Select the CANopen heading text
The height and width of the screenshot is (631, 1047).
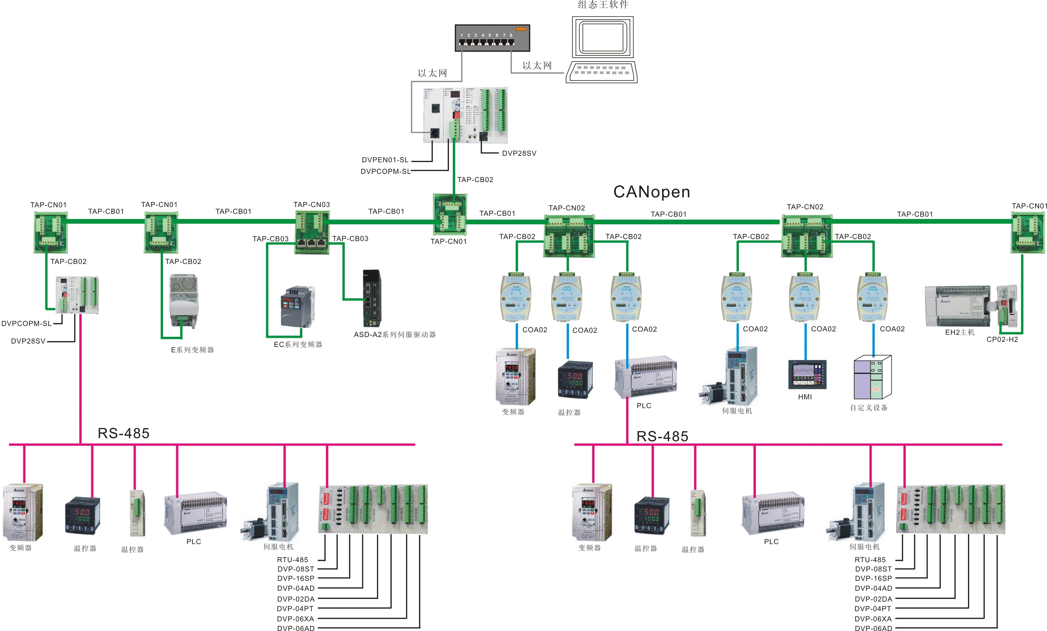[651, 192]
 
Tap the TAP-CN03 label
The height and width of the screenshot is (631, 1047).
[312, 205]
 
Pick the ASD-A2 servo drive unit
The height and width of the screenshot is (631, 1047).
[372, 298]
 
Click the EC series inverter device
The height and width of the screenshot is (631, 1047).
[297, 307]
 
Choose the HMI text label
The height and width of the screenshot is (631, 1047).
[805, 397]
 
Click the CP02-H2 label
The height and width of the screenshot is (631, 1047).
[1002, 340]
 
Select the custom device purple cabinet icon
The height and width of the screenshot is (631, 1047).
[872, 377]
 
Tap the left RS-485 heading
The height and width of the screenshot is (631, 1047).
[124, 433]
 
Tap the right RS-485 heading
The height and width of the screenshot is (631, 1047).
[662, 436]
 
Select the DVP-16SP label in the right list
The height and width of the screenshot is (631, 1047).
[873, 578]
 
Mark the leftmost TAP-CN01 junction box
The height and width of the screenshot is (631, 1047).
[50, 233]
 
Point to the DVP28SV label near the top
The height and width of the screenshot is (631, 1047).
[519, 154]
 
